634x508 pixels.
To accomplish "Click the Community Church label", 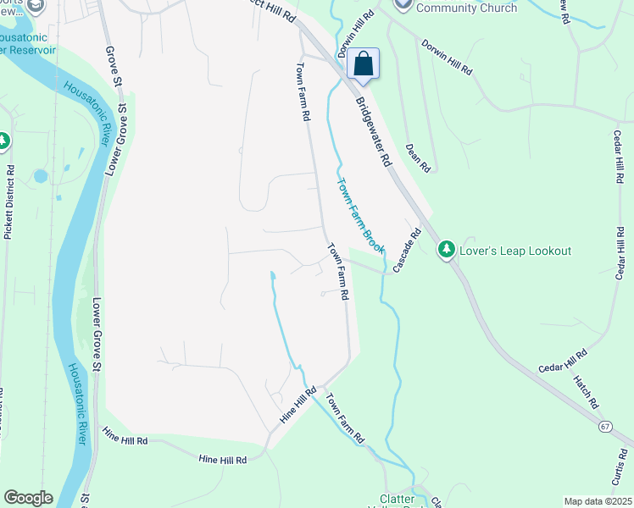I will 468,8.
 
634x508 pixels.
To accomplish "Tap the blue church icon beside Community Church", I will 403,5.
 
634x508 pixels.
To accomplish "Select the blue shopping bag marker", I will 363,64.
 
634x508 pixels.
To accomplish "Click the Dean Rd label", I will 419,157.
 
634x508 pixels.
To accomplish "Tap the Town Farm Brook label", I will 361,217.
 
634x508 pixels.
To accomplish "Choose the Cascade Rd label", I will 406,249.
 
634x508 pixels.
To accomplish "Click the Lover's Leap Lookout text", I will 515,251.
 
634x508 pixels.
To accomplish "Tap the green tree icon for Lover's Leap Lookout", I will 446,250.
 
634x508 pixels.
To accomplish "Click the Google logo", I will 28,498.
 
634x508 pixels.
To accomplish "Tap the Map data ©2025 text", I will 597,501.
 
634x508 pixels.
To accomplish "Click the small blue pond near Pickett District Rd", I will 41,177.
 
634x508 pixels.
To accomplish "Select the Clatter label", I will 398,500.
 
